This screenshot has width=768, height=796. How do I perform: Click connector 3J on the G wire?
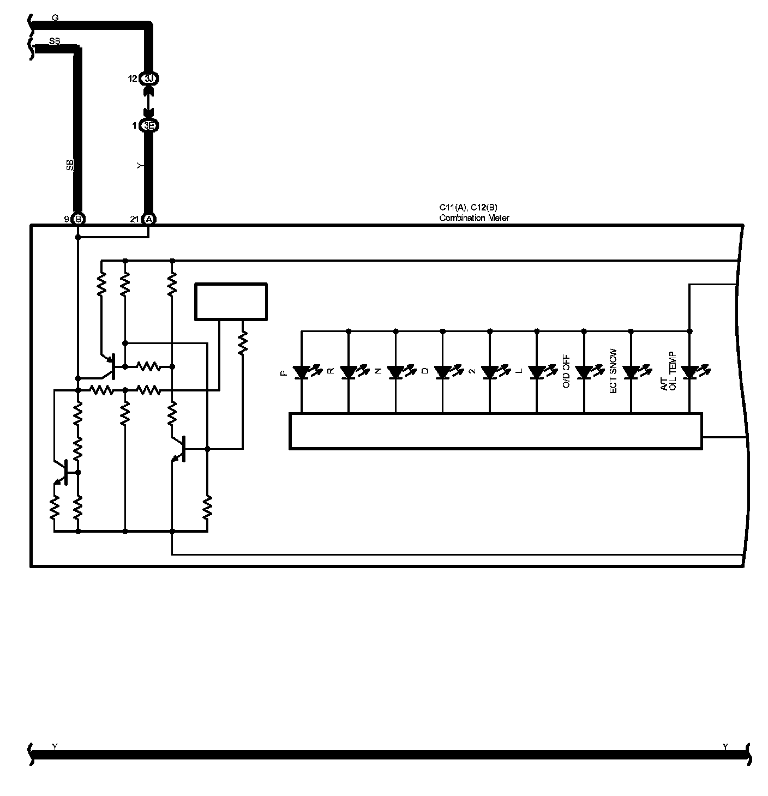[x=149, y=79]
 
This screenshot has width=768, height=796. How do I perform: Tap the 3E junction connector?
[x=149, y=125]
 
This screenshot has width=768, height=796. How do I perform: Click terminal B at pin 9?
[x=78, y=219]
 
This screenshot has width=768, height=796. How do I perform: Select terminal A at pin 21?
[x=148, y=219]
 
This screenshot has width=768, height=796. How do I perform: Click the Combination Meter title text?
[x=474, y=218]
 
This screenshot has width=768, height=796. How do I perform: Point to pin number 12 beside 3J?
[x=133, y=79]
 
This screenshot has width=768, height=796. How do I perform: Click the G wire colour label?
[x=55, y=17]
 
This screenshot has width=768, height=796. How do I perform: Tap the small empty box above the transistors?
[x=231, y=301]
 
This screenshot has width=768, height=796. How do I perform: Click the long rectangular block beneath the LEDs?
[x=495, y=431]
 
